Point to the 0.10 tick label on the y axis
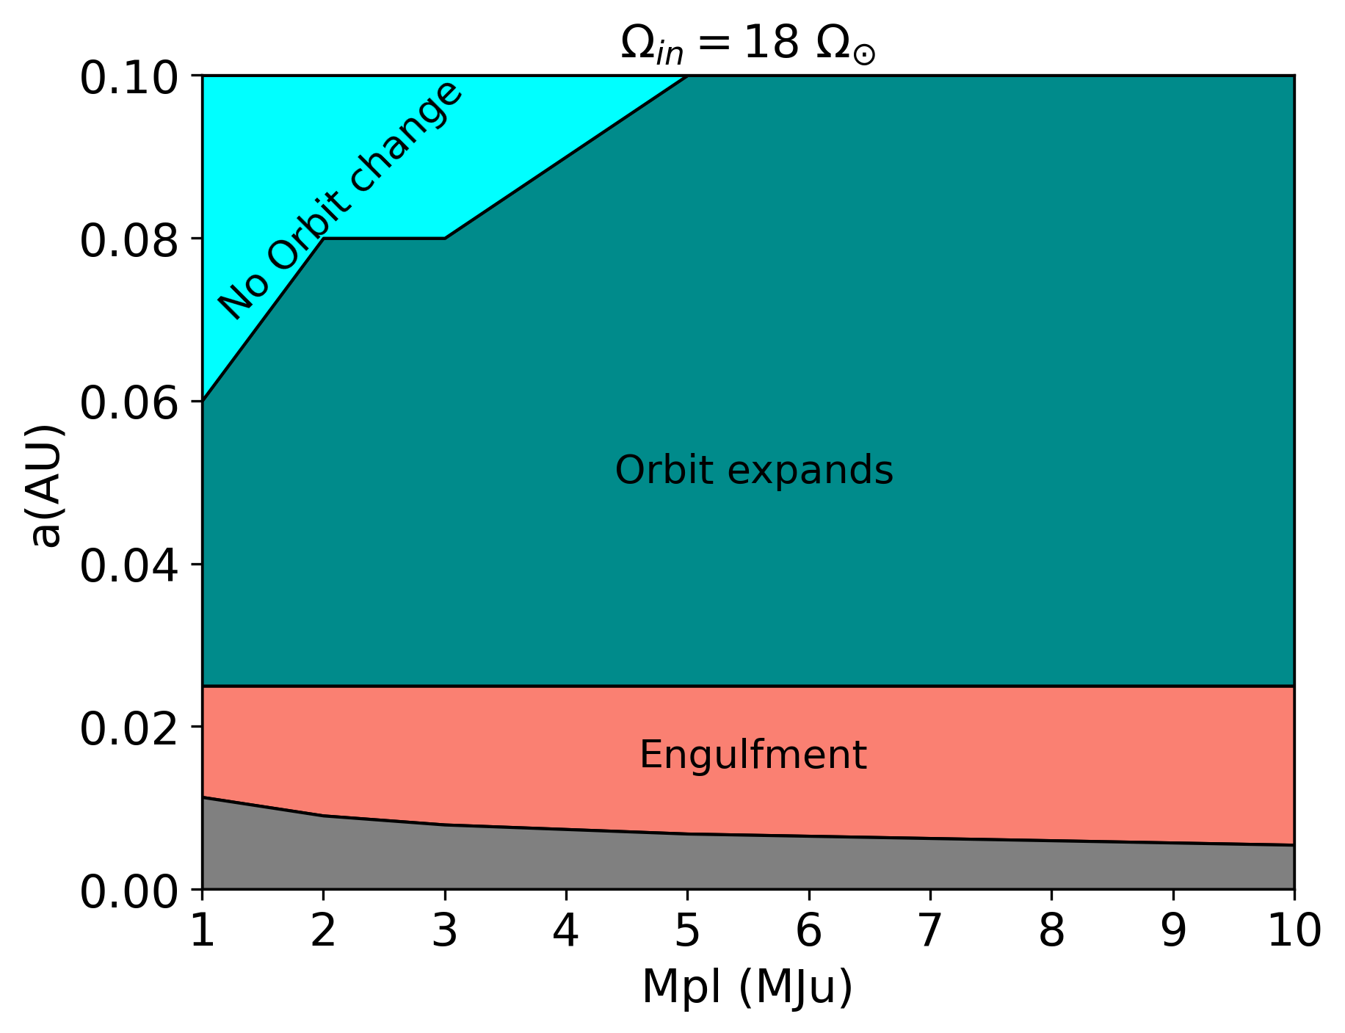tap(128, 77)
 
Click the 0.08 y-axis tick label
tap(128, 240)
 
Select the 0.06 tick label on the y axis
tap(128, 403)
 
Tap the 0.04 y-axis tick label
tap(128, 566)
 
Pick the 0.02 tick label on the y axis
tap(128, 729)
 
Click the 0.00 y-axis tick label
tap(128, 892)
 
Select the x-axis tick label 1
tap(203, 931)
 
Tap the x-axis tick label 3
tap(445, 931)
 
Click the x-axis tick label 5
tap(687, 931)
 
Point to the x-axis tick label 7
tap(930, 931)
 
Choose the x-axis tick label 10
tap(1294, 931)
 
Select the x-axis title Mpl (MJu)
tap(747, 986)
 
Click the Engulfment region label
tap(753, 755)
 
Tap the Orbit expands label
tap(754, 470)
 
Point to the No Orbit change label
tap(341, 200)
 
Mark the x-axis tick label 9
tap(1172, 931)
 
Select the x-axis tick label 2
tap(324, 931)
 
